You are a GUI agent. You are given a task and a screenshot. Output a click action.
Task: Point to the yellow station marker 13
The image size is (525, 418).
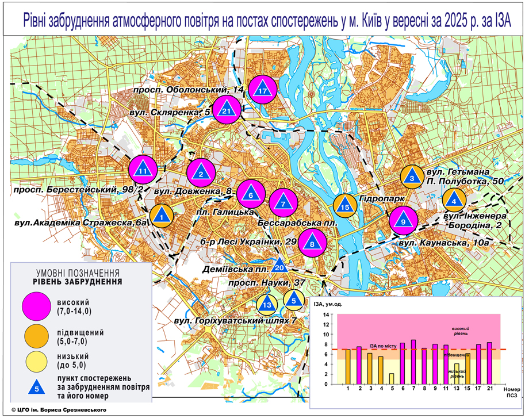click(x=266, y=302)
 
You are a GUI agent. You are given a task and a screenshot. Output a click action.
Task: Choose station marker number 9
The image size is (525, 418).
click(x=404, y=220)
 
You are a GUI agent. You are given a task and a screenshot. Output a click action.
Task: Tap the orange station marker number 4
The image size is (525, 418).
click(x=455, y=200)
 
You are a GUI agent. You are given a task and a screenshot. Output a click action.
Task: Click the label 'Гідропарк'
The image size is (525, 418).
click(x=378, y=198)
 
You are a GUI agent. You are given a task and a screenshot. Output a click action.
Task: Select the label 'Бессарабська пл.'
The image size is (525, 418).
click(x=296, y=221)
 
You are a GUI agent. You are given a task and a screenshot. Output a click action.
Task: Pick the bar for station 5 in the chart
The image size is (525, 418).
click(x=392, y=378)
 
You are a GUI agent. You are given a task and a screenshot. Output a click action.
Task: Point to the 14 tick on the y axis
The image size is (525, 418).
click(x=325, y=315)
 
